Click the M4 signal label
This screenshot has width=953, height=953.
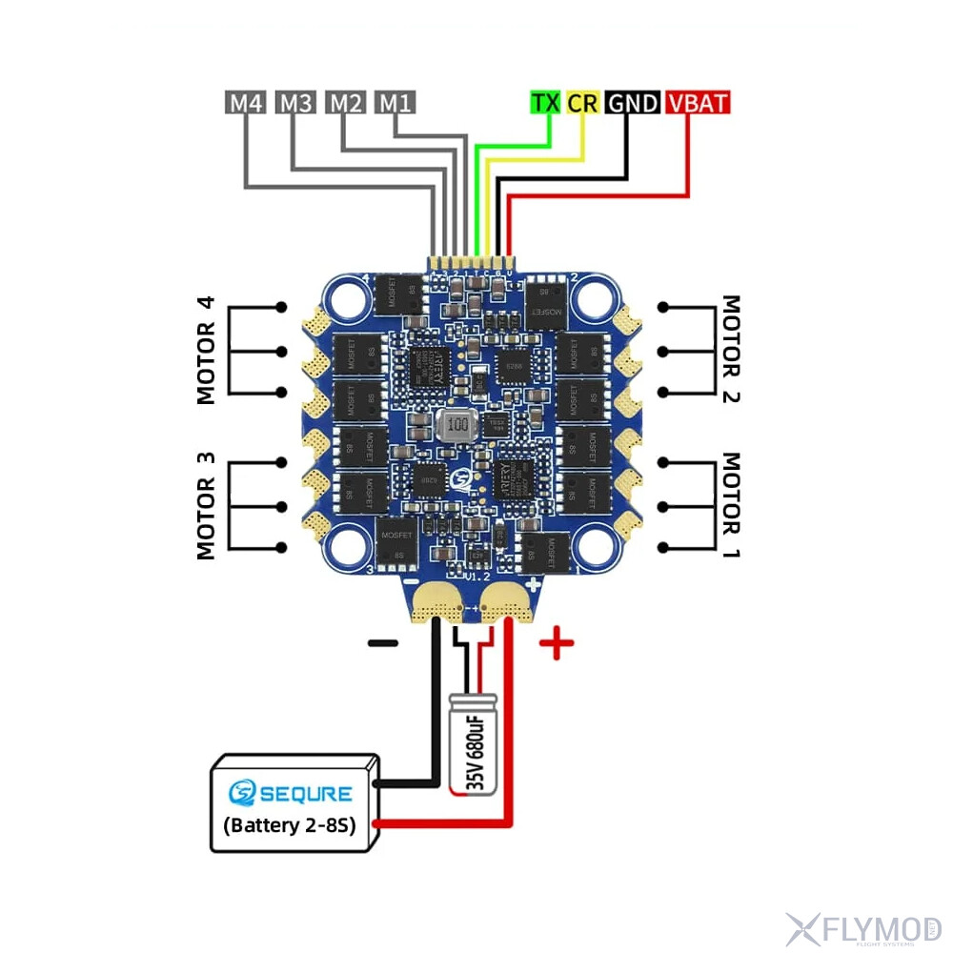246,103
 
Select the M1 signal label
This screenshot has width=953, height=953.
394,103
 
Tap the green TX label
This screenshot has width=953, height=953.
545,103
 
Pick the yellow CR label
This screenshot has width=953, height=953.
581,103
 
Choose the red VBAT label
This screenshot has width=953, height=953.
699,103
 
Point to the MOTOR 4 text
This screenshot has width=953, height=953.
207,350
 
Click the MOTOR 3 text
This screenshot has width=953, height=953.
207,505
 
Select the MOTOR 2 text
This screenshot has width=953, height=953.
731,350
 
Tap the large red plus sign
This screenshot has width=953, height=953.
557,645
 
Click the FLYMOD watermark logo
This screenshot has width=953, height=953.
862,927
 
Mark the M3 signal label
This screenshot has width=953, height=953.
295,103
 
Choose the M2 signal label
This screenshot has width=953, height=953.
345,103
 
